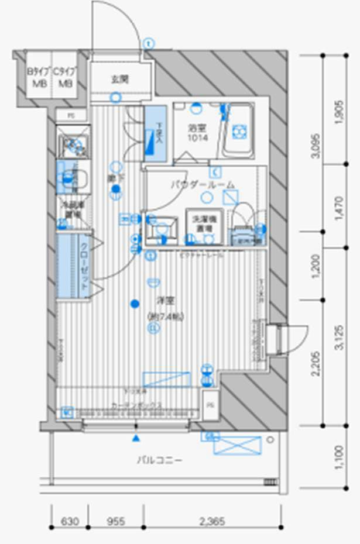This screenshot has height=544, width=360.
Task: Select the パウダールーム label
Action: pos(203,184)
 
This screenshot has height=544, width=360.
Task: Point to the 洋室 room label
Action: pos(157,301)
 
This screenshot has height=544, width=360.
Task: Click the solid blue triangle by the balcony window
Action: pos(136,438)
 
